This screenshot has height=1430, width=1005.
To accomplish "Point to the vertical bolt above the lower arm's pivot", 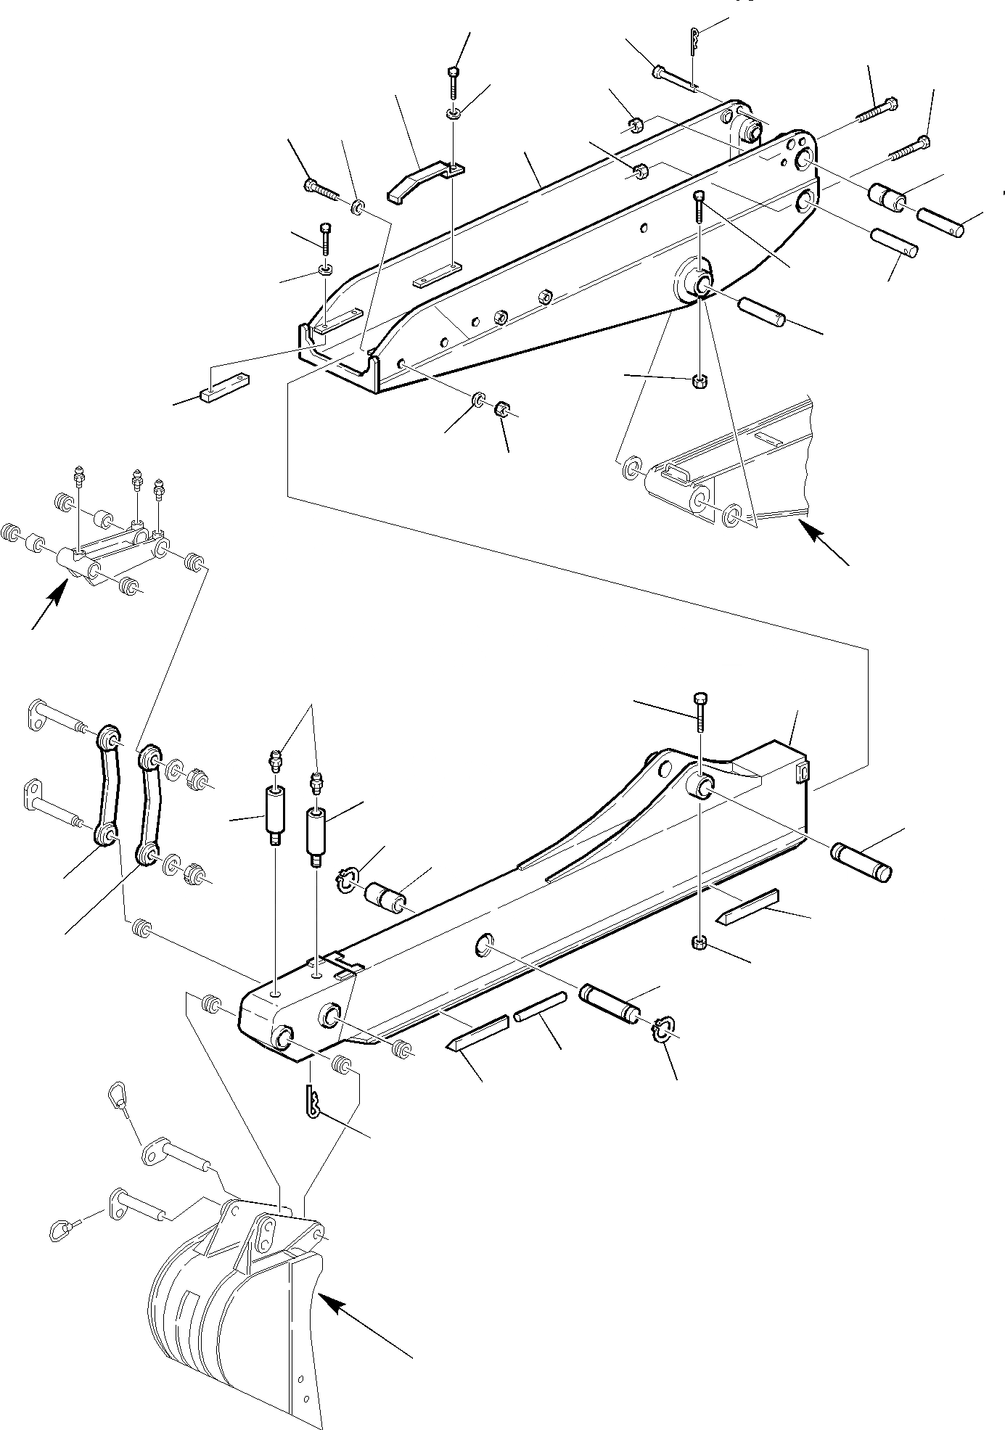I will pos(700,712).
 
